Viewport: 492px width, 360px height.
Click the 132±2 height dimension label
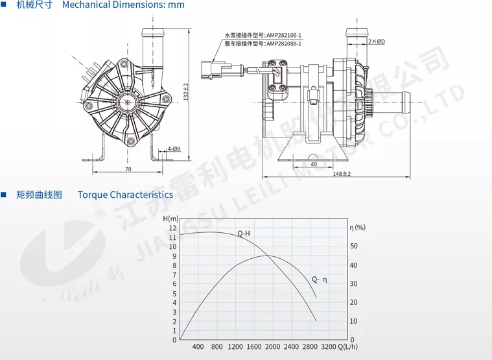pyautogui.click(x=186, y=91)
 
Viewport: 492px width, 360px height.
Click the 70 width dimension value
pyautogui.click(x=128, y=169)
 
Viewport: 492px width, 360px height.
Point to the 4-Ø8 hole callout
pyautogui.click(x=174, y=149)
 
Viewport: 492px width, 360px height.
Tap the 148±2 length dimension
pyautogui.click(x=342, y=174)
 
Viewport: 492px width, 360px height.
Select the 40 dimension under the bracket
pyautogui.click(x=314, y=164)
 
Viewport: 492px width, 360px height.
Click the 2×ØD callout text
pyautogui.click(x=377, y=42)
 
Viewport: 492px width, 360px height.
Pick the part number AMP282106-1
pyautogui.click(x=284, y=35)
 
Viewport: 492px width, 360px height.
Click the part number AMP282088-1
pyautogui.click(x=284, y=43)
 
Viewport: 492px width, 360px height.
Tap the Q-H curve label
pyautogui.click(x=244, y=234)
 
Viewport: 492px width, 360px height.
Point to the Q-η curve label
pyautogui.click(x=320, y=279)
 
